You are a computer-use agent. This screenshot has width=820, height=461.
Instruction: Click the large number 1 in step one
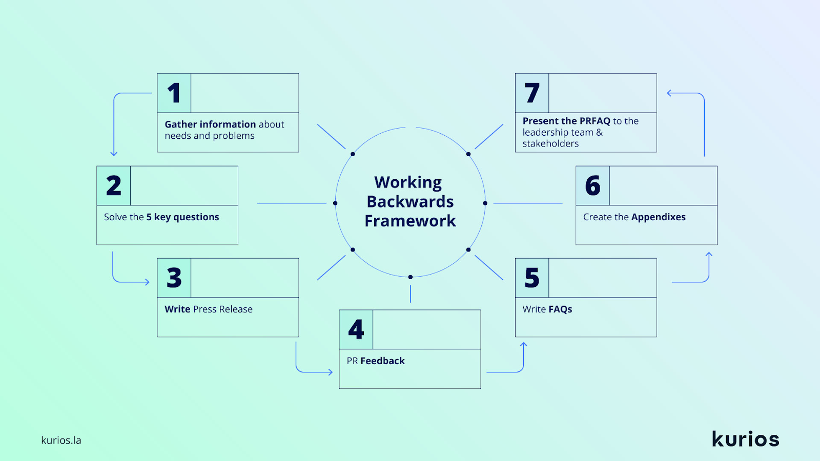point(174,93)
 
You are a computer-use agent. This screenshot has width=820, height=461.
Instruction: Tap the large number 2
point(113,185)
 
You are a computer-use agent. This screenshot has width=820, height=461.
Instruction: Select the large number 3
point(174,278)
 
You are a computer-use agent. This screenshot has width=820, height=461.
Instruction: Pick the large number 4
point(356,330)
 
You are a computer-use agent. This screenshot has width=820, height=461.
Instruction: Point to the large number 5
point(532,278)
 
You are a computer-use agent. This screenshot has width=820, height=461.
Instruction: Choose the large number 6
point(592,185)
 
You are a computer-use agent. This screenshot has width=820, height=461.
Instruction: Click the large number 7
point(532,93)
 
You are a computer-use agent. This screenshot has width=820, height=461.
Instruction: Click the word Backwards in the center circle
point(410,202)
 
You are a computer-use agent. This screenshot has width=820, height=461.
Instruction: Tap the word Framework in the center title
point(410,221)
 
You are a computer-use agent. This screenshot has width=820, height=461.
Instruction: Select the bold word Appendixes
point(658,217)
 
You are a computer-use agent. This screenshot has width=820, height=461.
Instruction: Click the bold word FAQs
point(560,309)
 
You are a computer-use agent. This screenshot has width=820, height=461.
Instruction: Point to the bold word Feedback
point(382,361)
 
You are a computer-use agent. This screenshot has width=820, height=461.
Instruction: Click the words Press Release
point(222,309)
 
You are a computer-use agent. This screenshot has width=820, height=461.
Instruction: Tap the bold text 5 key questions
point(182,217)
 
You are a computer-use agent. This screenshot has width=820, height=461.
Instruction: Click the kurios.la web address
point(61,440)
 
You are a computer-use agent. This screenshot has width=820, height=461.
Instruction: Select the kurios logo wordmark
point(745,438)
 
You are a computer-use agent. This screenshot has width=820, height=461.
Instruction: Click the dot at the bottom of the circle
point(411,277)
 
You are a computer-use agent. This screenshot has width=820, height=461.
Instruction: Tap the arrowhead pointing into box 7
point(669,93)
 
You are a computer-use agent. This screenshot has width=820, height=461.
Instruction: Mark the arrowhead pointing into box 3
point(148,282)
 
